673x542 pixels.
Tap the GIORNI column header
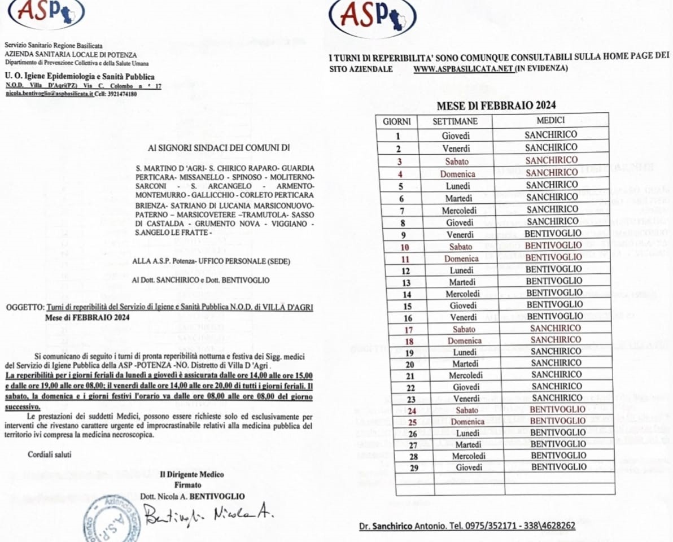tap(396, 121)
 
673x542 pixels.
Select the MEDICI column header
tap(550, 120)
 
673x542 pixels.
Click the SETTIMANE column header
tap(455, 121)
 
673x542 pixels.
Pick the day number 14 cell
tap(407, 294)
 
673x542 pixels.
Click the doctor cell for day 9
tap(553, 234)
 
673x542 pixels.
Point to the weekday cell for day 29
tap(469, 467)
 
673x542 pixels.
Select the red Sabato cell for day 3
tap(456, 161)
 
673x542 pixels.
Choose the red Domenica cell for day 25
tap(467, 422)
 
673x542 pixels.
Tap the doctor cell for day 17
tap(556, 328)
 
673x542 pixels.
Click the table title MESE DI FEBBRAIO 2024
tap(496, 105)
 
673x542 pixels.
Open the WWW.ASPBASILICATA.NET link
tap(463, 68)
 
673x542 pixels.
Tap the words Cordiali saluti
tap(50, 454)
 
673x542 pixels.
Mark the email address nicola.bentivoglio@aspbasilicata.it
tap(50, 93)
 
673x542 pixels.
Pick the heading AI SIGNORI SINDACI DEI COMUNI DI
tap(218, 149)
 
